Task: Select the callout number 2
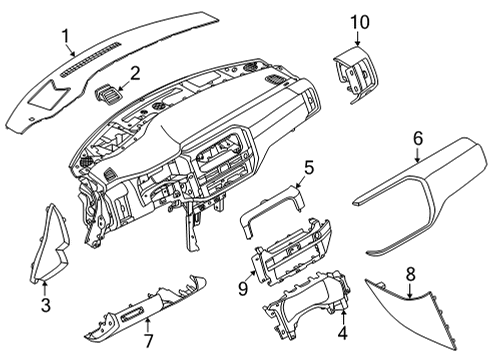(134, 73)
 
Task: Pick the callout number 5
(309, 169)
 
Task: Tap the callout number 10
(358, 21)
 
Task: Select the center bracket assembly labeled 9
(290, 259)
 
